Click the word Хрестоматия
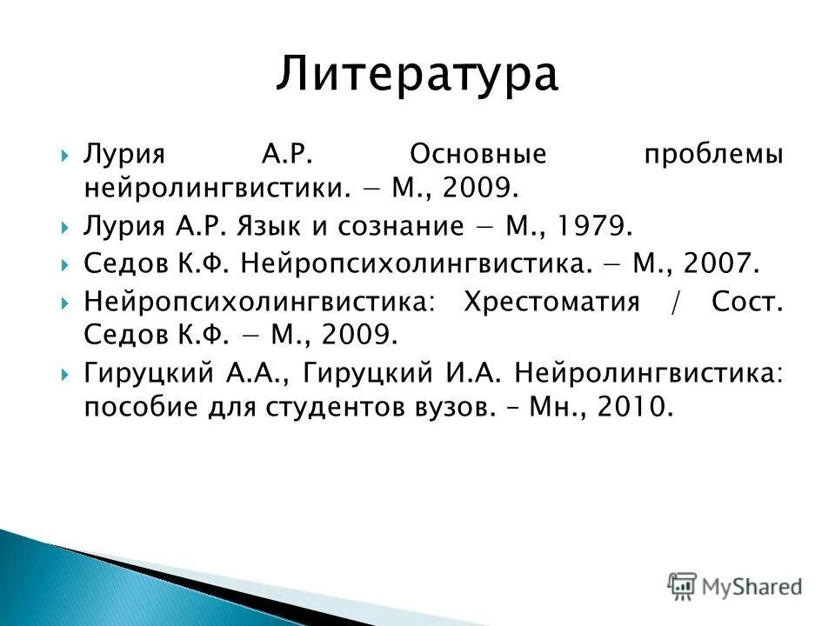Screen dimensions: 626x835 click(x=551, y=303)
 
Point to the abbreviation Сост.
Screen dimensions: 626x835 click(x=747, y=303)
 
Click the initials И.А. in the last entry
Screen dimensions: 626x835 click(x=473, y=373)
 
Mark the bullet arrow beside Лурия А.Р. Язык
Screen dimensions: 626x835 click(x=66, y=227)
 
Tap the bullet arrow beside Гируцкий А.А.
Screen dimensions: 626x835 click(x=66, y=374)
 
